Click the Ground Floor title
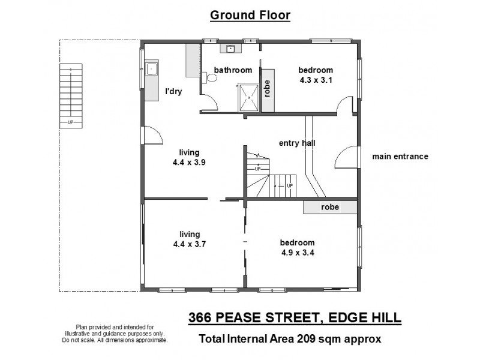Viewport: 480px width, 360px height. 250,15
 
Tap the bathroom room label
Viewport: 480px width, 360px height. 233,70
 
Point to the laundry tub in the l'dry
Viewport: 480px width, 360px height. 152,70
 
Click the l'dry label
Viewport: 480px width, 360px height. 173,92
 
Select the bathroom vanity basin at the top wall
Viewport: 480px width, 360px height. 229,49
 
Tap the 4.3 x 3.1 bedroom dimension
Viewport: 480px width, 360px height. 316,79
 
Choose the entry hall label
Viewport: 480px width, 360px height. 297,143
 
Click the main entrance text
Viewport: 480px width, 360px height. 400,157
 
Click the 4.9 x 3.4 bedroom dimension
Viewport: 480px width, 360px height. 297,252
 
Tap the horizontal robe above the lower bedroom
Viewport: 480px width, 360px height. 330,207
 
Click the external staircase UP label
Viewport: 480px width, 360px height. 71,123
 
